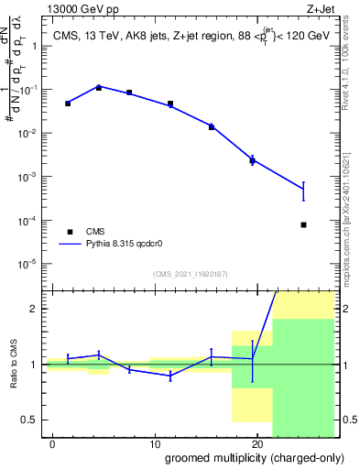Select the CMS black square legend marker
[x=68, y=232]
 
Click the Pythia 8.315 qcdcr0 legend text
[x=123, y=245]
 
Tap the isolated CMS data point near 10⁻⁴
[x=303, y=224]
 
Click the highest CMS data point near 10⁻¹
[x=99, y=87]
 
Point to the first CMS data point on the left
[x=68, y=104]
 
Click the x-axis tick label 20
[x=256, y=442]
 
